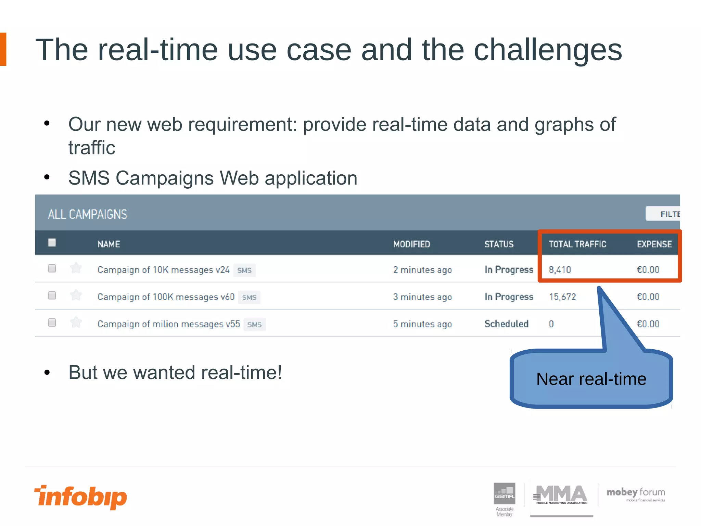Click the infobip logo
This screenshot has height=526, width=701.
(81, 497)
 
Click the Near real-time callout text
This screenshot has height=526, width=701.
(591, 379)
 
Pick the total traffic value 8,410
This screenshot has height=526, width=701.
(560, 270)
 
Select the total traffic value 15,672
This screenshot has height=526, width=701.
(563, 297)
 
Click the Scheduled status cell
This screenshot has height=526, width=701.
(507, 324)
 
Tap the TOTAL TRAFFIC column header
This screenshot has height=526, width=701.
(577, 244)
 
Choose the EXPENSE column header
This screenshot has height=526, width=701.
(654, 244)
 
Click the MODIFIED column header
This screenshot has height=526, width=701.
(411, 244)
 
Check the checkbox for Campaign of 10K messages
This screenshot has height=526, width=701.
(52, 268)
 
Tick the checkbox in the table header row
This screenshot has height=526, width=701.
(52, 243)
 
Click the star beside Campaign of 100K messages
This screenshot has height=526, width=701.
(76, 295)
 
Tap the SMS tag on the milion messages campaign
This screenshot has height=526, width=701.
(254, 325)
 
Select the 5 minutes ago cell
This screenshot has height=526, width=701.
(422, 324)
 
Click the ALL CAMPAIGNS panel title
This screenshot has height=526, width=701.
(88, 214)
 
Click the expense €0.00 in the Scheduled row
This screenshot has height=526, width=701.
(648, 324)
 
